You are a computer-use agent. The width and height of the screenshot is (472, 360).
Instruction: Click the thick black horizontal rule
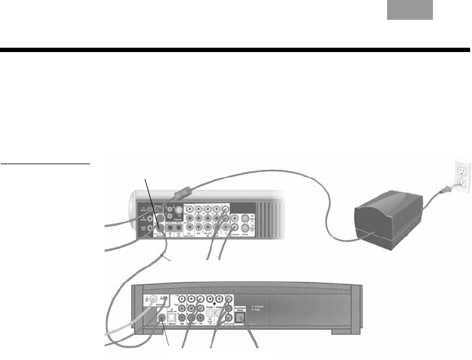point(236,50)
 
